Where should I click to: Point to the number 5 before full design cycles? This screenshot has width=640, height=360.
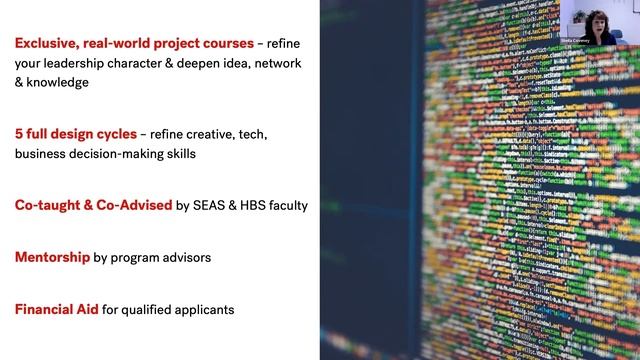pos(19,135)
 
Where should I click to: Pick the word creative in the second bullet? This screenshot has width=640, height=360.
pos(206,135)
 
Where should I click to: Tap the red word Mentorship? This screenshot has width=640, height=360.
pos(52,258)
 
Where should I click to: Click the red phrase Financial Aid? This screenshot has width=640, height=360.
pos(56,310)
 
